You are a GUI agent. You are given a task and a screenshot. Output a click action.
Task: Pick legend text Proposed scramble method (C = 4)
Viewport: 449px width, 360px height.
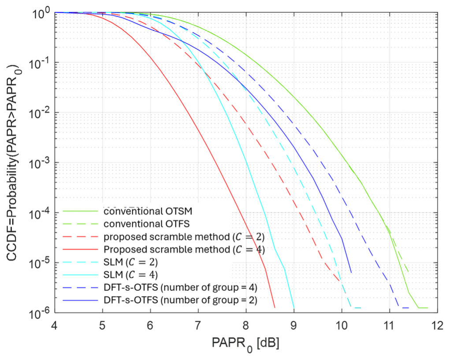click(184, 250)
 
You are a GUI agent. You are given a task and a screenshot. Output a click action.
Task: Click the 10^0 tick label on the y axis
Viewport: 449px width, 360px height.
click(41, 12)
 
